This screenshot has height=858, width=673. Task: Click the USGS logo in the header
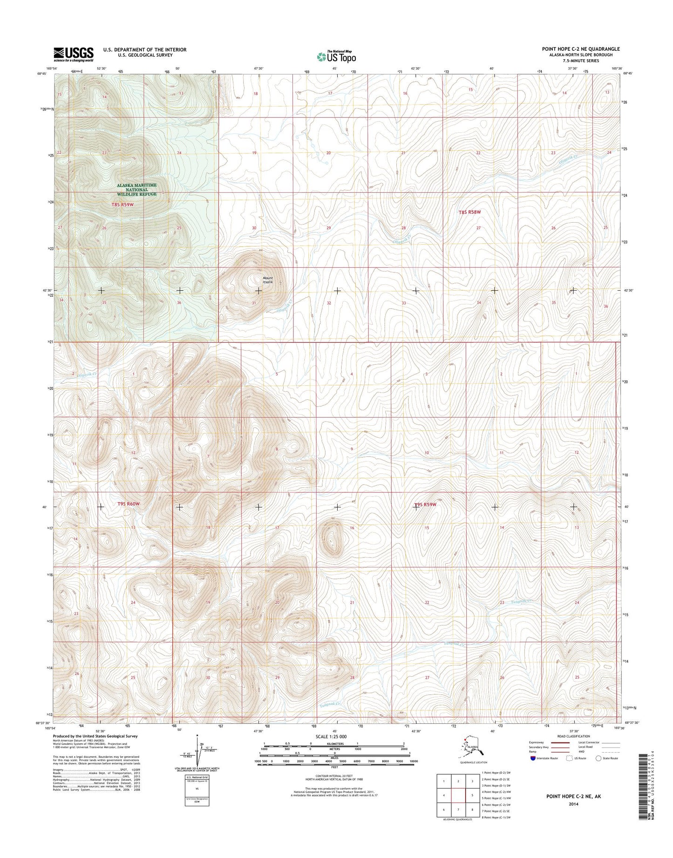click(x=73, y=54)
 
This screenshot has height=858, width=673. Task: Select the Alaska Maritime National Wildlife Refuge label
click(x=136, y=190)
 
